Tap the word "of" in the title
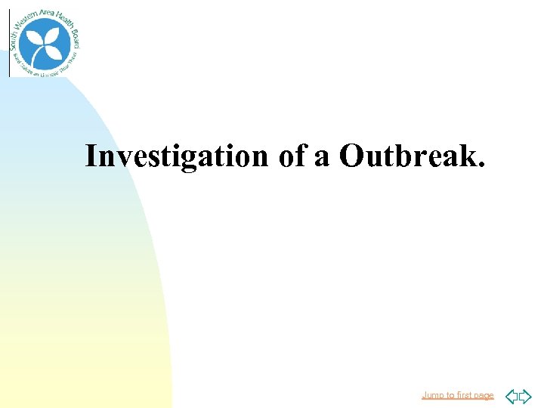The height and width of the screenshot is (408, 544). [x=291, y=156]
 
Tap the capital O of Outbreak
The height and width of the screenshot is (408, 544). [x=351, y=156]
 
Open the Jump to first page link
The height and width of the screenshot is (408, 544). [x=457, y=395]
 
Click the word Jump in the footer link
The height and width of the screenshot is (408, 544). [x=432, y=395]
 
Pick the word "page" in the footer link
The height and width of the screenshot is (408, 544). [x=482, y=396]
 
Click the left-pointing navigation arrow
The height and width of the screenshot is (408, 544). [x=511, y=395]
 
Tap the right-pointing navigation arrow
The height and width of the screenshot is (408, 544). [x=525, y=395]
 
